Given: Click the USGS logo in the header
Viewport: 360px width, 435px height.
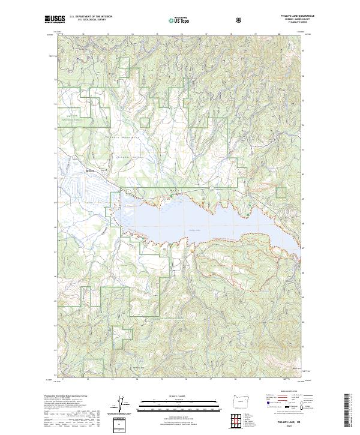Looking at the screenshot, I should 54,20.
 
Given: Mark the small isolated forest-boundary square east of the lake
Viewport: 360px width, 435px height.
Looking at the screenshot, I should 281,193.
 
